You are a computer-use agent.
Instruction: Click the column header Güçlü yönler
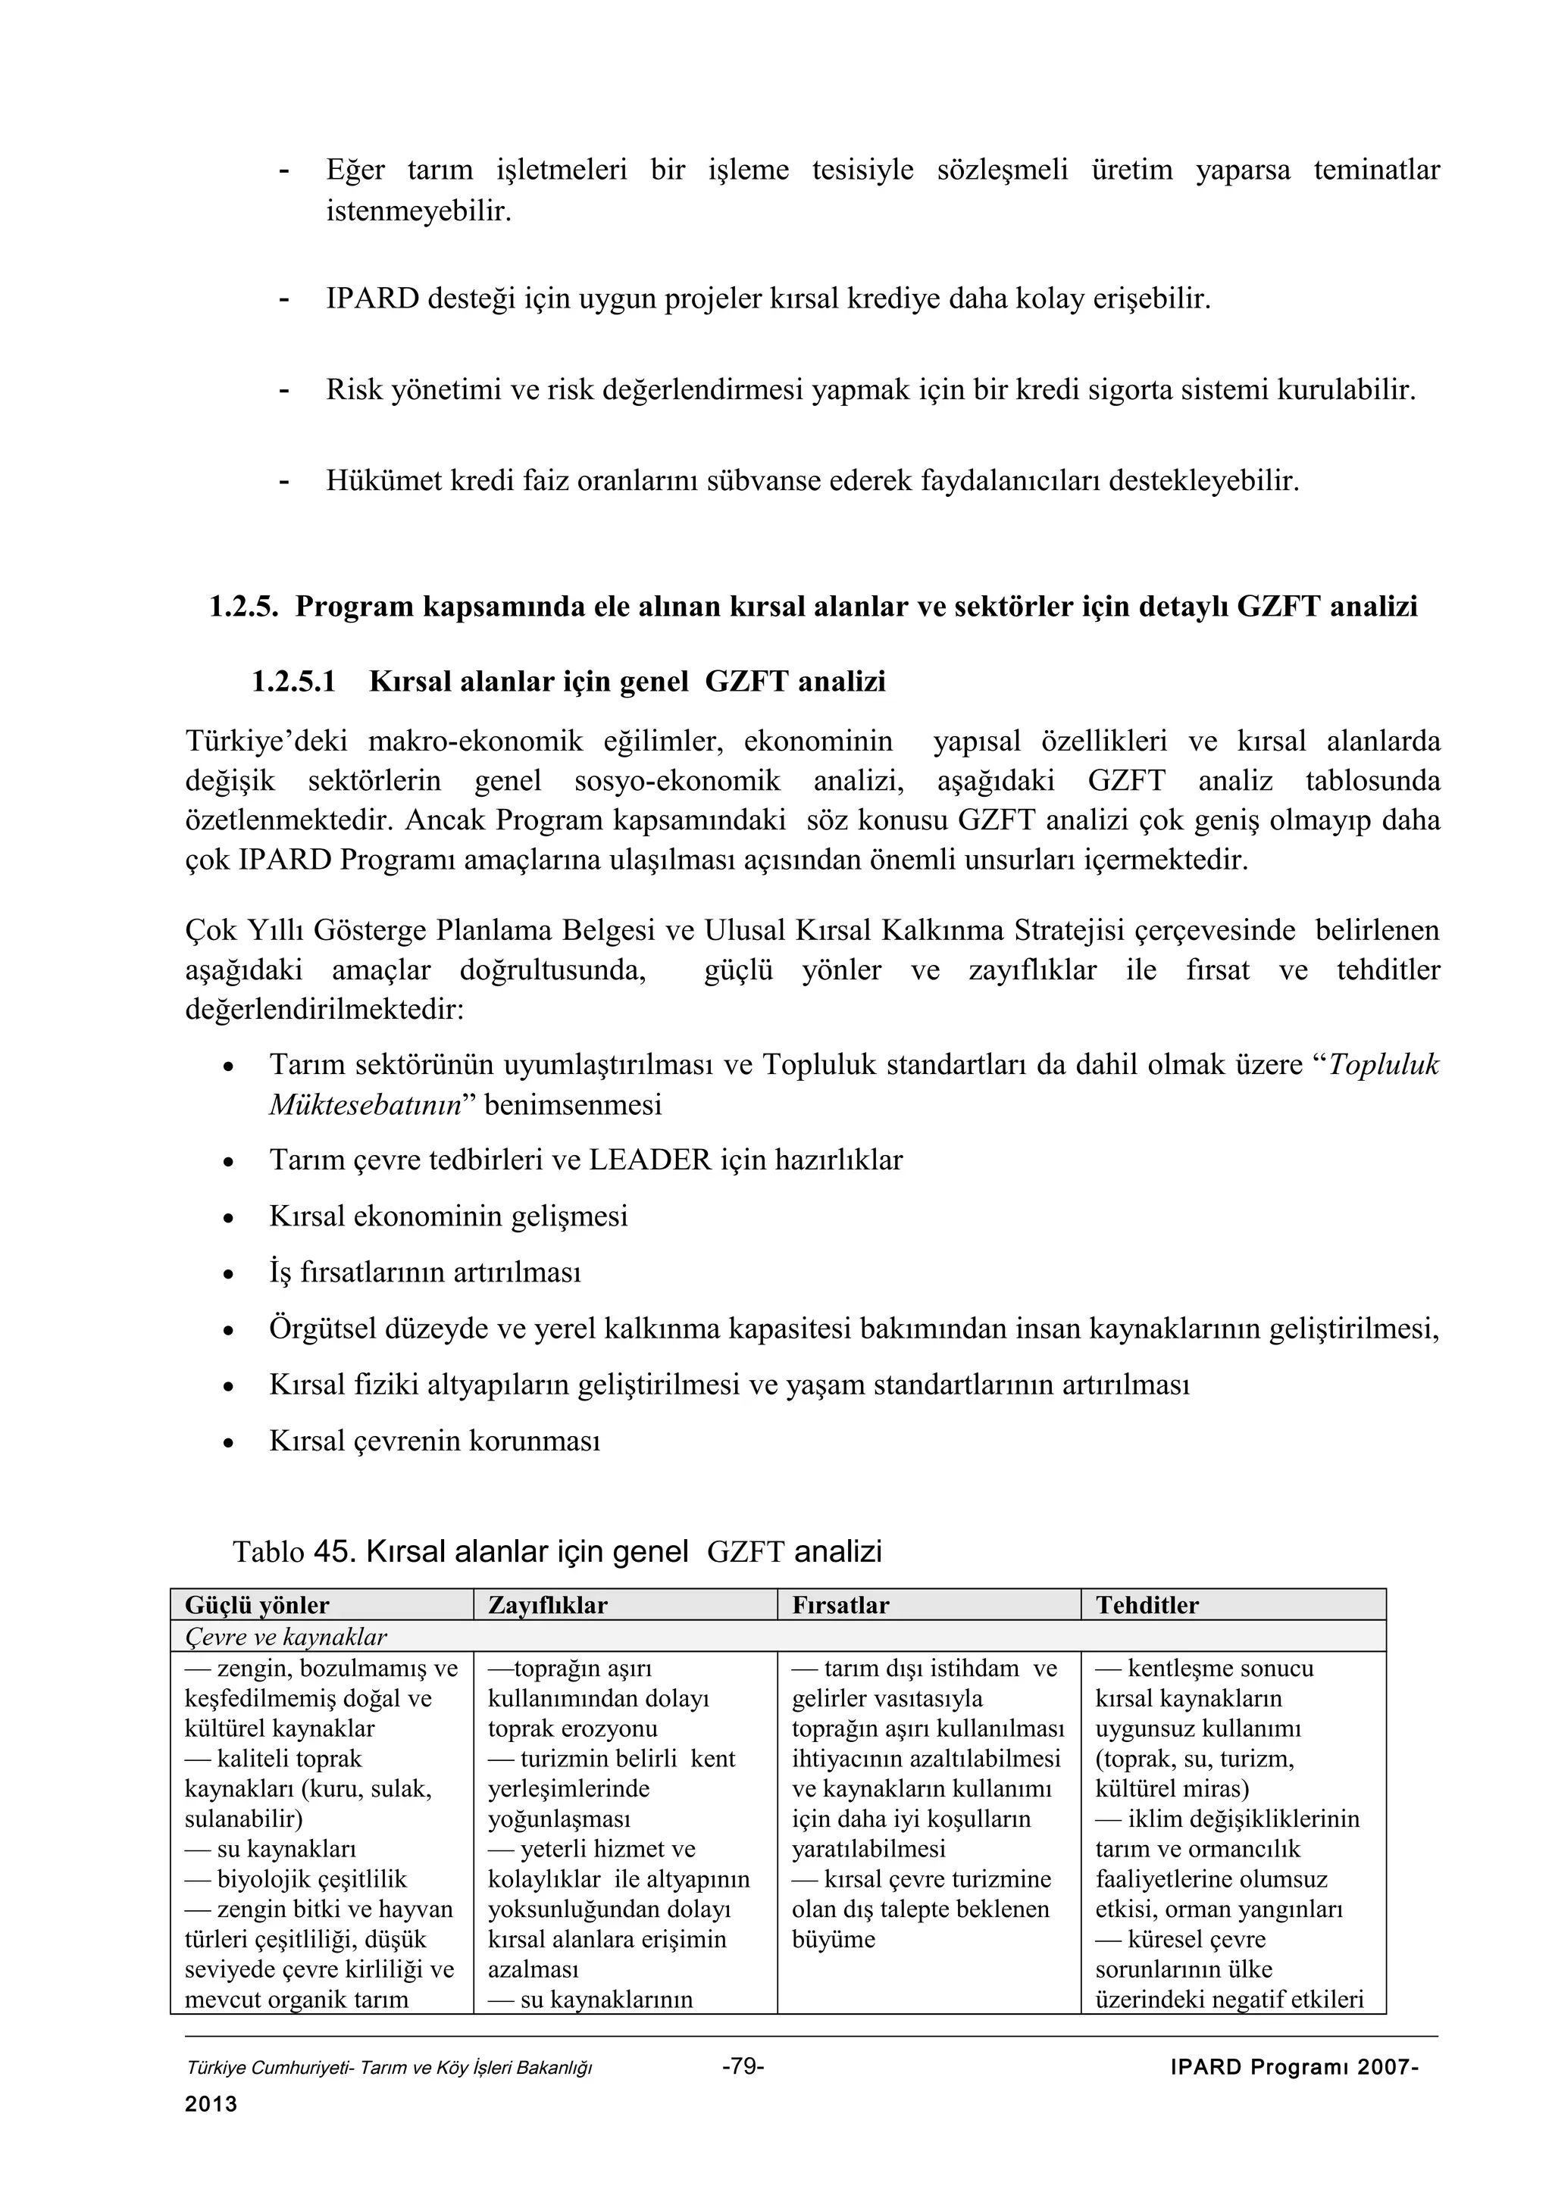[x=256, y=1605]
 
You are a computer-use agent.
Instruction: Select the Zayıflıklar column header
[x=547, y=1605]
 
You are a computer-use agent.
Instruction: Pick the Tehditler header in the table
[x=1147, y=1605]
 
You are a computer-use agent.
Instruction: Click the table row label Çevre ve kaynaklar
[x=285, y=1637]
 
